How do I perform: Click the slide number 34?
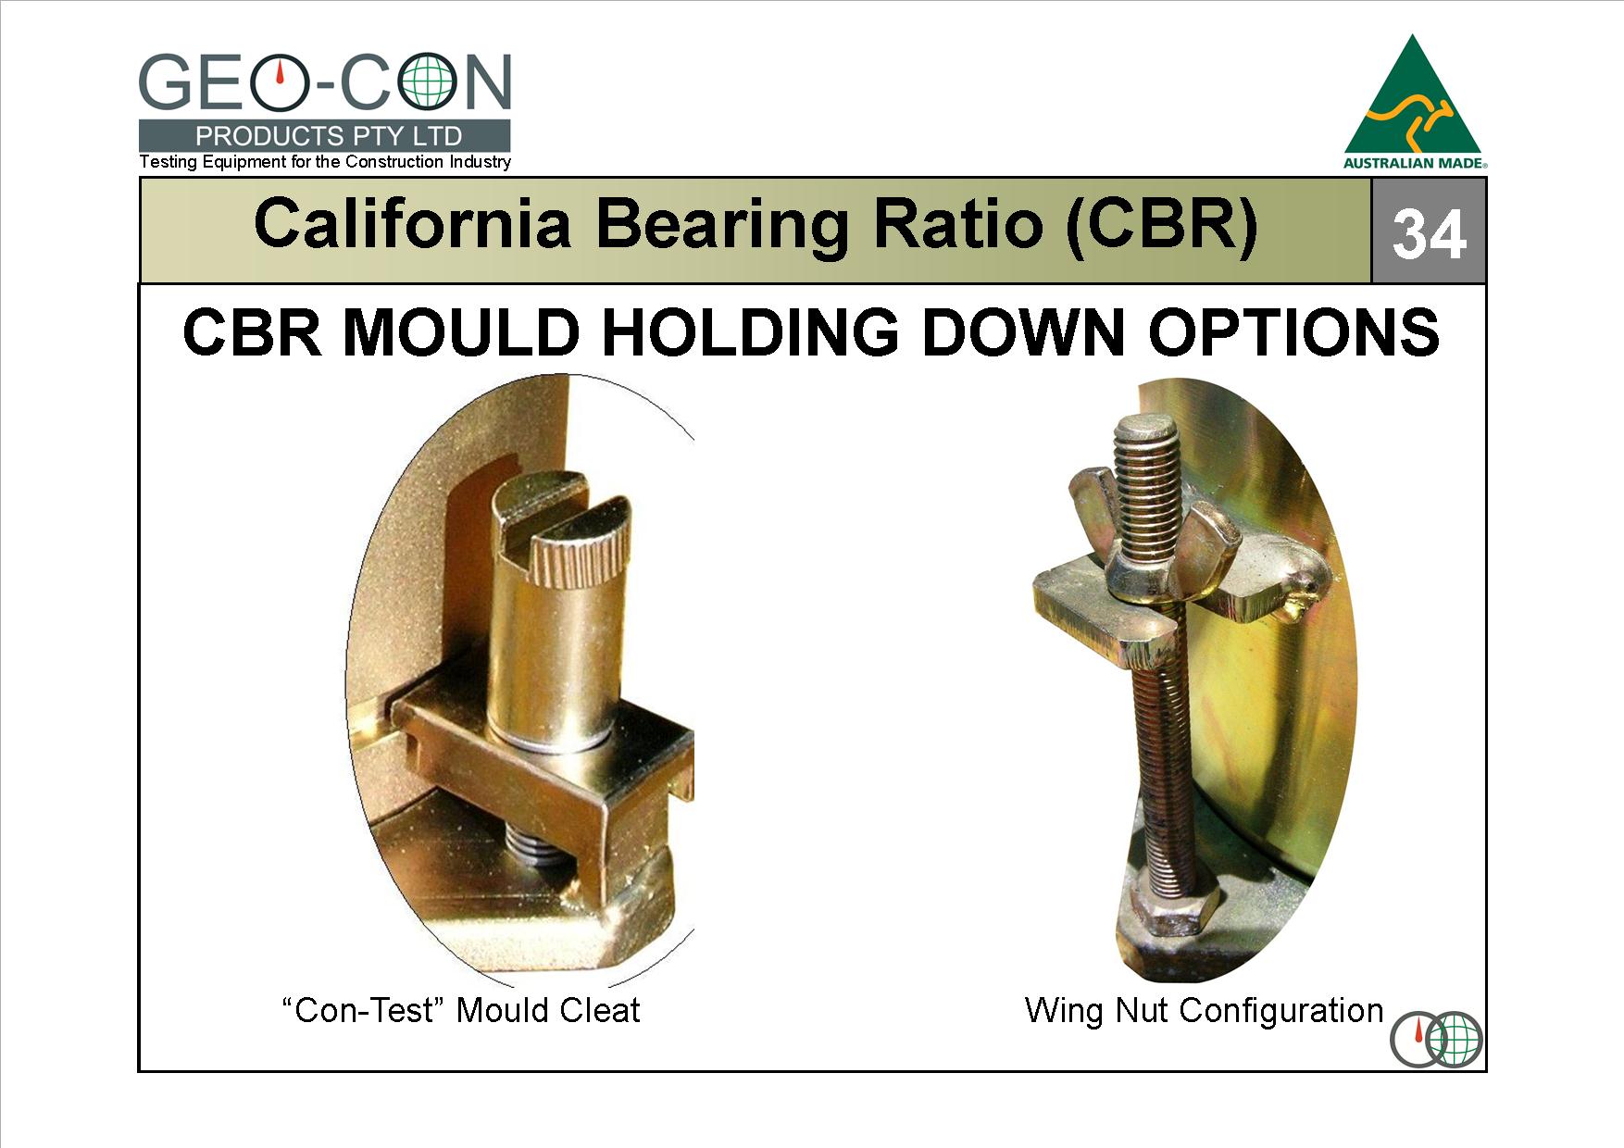click(1429, 235)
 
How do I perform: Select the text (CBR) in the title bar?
click(1162, 225)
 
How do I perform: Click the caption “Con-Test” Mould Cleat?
click(460, 1009)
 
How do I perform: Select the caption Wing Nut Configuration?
click(1204, 1009)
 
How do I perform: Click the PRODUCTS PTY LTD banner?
click(325, 136)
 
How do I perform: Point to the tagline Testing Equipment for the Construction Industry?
click(325, 162)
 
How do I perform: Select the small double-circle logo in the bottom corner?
click(1436, 1039)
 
